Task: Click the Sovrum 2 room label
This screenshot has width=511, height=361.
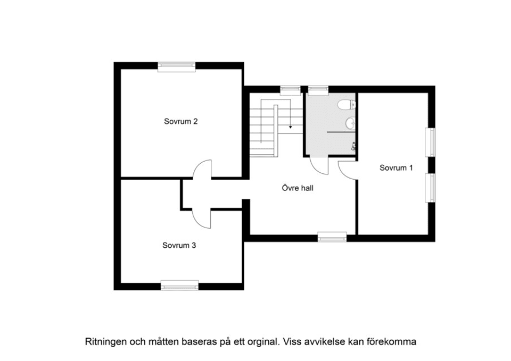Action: pyautogui.click(x=181, y=121)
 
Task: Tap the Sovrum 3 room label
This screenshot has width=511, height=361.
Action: pyautogui.click(x=179, y=246)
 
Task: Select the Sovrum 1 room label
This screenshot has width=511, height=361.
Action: pyautogui.click(x=396, y=168)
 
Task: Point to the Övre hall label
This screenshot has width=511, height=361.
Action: pyautogui.click(x=294, y=188)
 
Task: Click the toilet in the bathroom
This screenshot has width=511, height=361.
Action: pyautogui.click(x=349, y=104)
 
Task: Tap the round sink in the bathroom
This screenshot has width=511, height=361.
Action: pyautogui.click(x=350, y=124)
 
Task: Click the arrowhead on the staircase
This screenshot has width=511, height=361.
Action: pyautogui.click(x=290, y=128)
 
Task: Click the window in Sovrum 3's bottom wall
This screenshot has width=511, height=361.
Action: pyautogui.click(x=179, y=286)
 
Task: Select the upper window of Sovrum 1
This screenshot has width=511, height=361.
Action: pyautogui.click(x=432, y=142)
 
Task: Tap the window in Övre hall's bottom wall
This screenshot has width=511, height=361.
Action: pyautogui.click(x=332, y=237)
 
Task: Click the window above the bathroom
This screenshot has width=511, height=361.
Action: pyautogui.click(x=318, y=89)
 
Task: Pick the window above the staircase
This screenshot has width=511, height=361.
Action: pyautogui.click(x=290, y=89)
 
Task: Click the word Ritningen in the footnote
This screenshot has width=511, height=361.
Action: pyautogui.click(x=105, y=342)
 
